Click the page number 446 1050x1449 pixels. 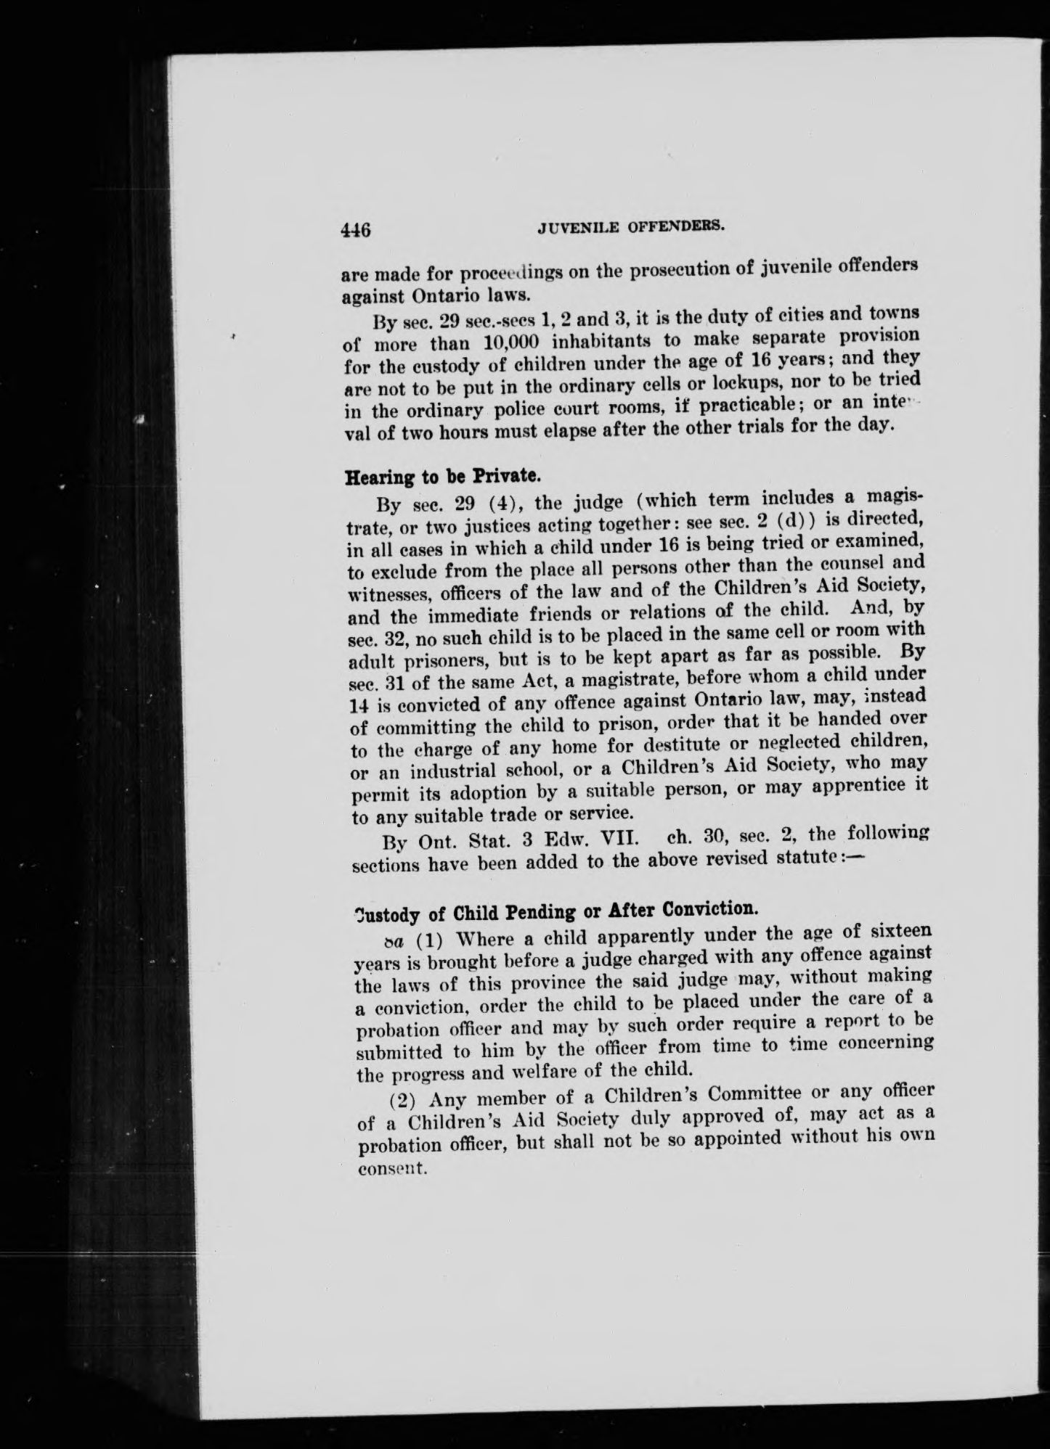[x=357, y=231]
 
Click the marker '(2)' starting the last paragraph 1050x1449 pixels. [x=402, y=1099]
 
